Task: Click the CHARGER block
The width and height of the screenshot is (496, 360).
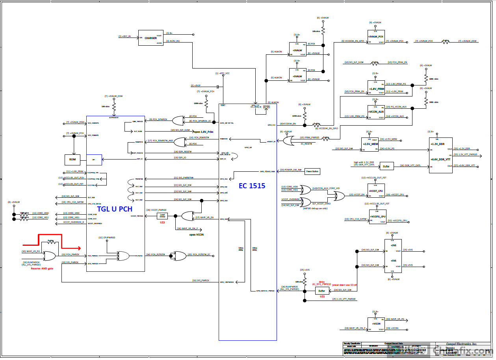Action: (150, 38)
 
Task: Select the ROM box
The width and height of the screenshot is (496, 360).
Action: (72, 160)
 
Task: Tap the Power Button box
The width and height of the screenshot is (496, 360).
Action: (312, 171)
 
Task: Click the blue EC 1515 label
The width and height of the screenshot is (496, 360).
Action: (252, 186)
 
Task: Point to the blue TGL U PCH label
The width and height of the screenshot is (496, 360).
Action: (115, 209)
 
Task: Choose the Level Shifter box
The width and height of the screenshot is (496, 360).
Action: (162, 216)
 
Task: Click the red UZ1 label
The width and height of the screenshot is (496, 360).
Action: (322, 296)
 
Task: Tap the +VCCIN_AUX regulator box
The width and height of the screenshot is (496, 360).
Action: (376, 112)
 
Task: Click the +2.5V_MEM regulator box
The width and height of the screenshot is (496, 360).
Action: (370, 144)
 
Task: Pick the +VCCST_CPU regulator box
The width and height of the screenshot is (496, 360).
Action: (376, 191)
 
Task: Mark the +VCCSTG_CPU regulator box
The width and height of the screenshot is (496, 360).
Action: (377, 217)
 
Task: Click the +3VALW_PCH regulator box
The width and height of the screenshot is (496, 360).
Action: (376, 37)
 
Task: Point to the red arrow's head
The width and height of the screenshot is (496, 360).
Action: (79, 248)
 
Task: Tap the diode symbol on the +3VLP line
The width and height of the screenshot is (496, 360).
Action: (217, 86)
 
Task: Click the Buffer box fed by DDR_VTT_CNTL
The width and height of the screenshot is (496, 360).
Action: (386, 166)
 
